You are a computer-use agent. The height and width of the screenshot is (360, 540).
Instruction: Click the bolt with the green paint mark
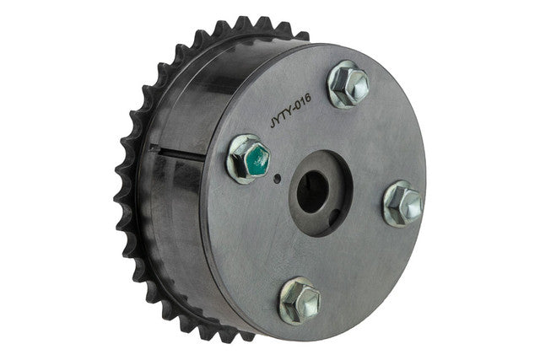(x=249, y=159)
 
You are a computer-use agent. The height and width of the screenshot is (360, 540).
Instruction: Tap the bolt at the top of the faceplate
(x=348, y=84)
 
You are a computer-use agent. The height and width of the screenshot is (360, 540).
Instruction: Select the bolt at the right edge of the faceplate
(x=403, y=204)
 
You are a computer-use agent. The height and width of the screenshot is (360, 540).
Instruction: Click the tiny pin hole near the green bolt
(x=278, y=178)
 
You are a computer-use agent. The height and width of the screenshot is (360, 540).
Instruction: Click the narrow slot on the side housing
(x=177, y=153)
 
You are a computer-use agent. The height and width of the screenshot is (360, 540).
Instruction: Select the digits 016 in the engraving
(x=302, y=102)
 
